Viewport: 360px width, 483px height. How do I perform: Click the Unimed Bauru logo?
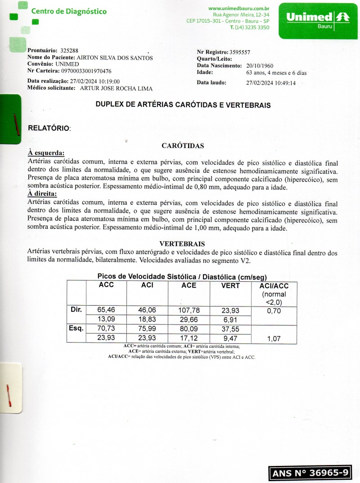(x=318, y=20)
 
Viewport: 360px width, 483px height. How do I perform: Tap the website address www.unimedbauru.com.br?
(x=239, y=8)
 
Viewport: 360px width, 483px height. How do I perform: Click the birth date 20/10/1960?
(x=260, y=65)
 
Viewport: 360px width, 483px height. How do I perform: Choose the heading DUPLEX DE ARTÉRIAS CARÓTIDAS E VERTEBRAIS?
(x=183, y=105)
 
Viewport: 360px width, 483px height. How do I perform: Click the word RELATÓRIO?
(x=49, y=128)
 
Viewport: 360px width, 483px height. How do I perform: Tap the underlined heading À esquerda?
(x=46, y=153)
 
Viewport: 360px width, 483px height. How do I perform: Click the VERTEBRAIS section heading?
(x=182, y=244)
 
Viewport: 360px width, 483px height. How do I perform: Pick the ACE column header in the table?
(x=189, y=285)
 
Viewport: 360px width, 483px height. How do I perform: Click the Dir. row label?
(x=76, y=310)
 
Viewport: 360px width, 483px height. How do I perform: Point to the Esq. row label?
(x=76, y=329)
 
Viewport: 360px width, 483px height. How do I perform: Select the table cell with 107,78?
(x=189, y=310)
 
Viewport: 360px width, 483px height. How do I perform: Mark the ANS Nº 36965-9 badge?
(x=310, y=473)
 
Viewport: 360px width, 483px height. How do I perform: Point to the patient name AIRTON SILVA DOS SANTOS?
(x=115, y=58)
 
